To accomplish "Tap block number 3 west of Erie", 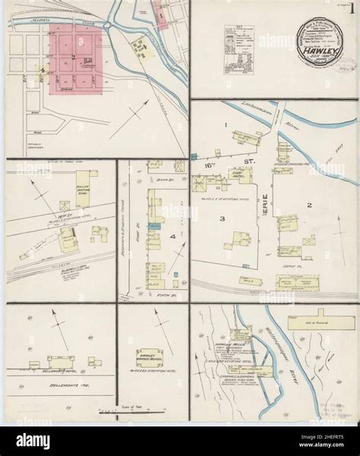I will (x=222, y=219).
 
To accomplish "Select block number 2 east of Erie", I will (x=309, y=205).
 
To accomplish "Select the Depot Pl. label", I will (x=296, y=266).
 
